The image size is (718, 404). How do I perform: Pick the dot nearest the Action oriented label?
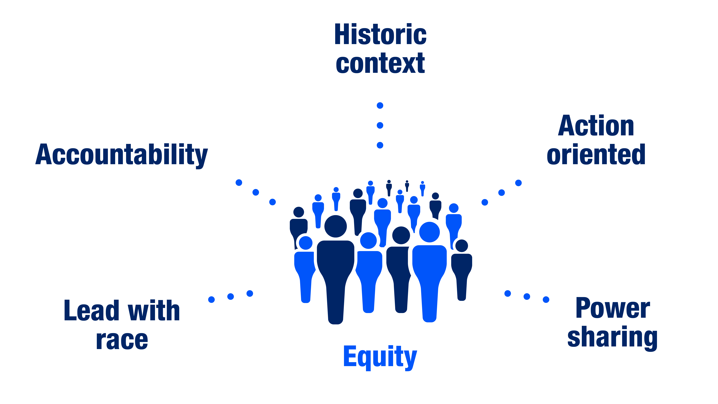coord(518,183)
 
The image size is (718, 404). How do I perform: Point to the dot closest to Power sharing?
coord(546,300)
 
